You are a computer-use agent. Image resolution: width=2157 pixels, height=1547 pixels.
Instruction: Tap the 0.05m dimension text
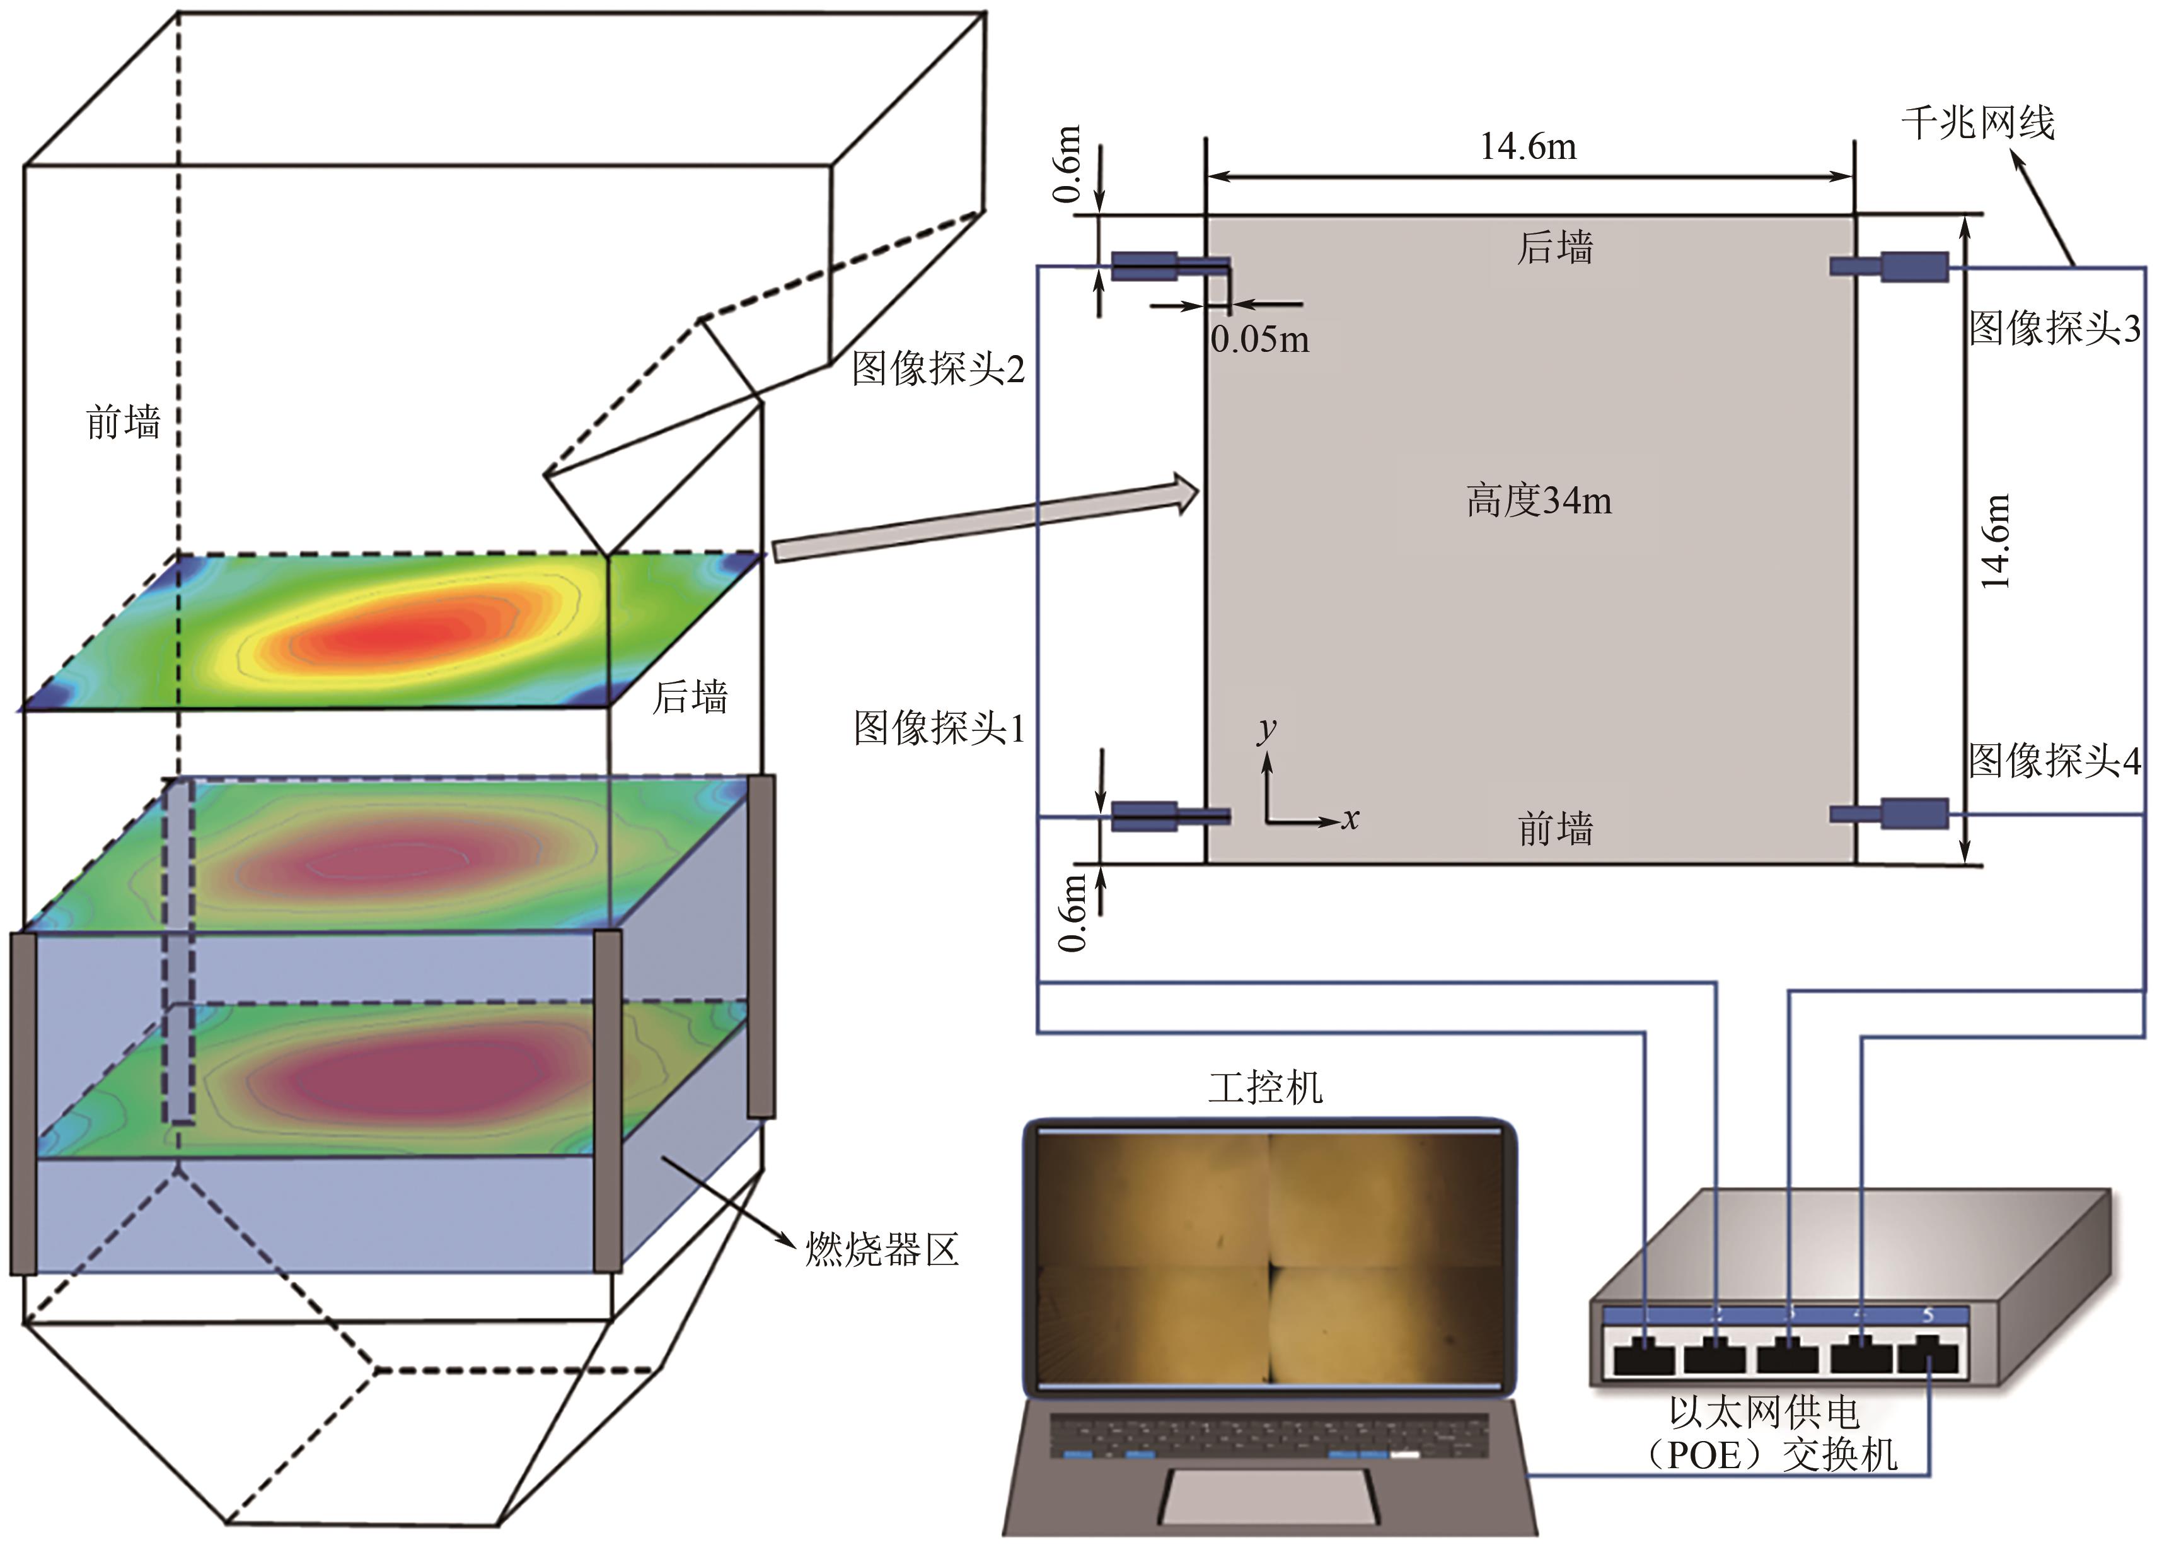click(x=1259, y=340)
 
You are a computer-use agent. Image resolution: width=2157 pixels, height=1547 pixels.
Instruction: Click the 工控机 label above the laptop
click(x=1265, y=1087)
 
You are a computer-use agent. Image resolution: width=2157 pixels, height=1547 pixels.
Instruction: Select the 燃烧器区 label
click(x=882, y=1249)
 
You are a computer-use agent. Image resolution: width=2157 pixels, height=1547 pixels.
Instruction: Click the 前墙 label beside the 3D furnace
click(x=123, y=421)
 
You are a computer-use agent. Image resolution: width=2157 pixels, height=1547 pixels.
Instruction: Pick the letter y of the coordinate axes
click(x=1267, y=729)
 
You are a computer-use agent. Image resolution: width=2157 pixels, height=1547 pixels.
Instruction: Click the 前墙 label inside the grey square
click(x=1555, y=829)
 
